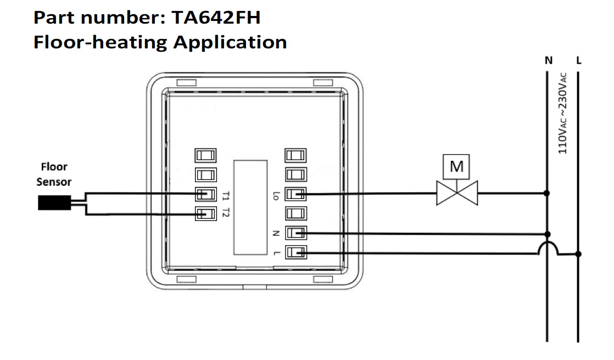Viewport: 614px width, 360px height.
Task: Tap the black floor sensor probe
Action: point(52,203)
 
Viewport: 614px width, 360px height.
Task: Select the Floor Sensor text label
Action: point(54,174)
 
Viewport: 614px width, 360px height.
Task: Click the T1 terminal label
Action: point(226,195)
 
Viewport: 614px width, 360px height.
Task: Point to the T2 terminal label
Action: point(226,214)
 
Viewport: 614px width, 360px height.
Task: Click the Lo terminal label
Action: point(276,195)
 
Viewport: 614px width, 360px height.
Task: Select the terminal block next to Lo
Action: point(295,194)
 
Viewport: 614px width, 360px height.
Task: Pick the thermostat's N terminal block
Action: point(295,233)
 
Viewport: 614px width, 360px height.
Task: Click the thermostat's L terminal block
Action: point(295,253)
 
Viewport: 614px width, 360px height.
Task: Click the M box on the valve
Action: point(457,165)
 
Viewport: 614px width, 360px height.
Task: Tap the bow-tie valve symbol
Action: point(457,193)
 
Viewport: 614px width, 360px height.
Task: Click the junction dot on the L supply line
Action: point(578,254)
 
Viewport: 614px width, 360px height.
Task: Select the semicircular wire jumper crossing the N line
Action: point(547,248)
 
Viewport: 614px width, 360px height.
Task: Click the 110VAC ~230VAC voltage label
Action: point(563,114)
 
